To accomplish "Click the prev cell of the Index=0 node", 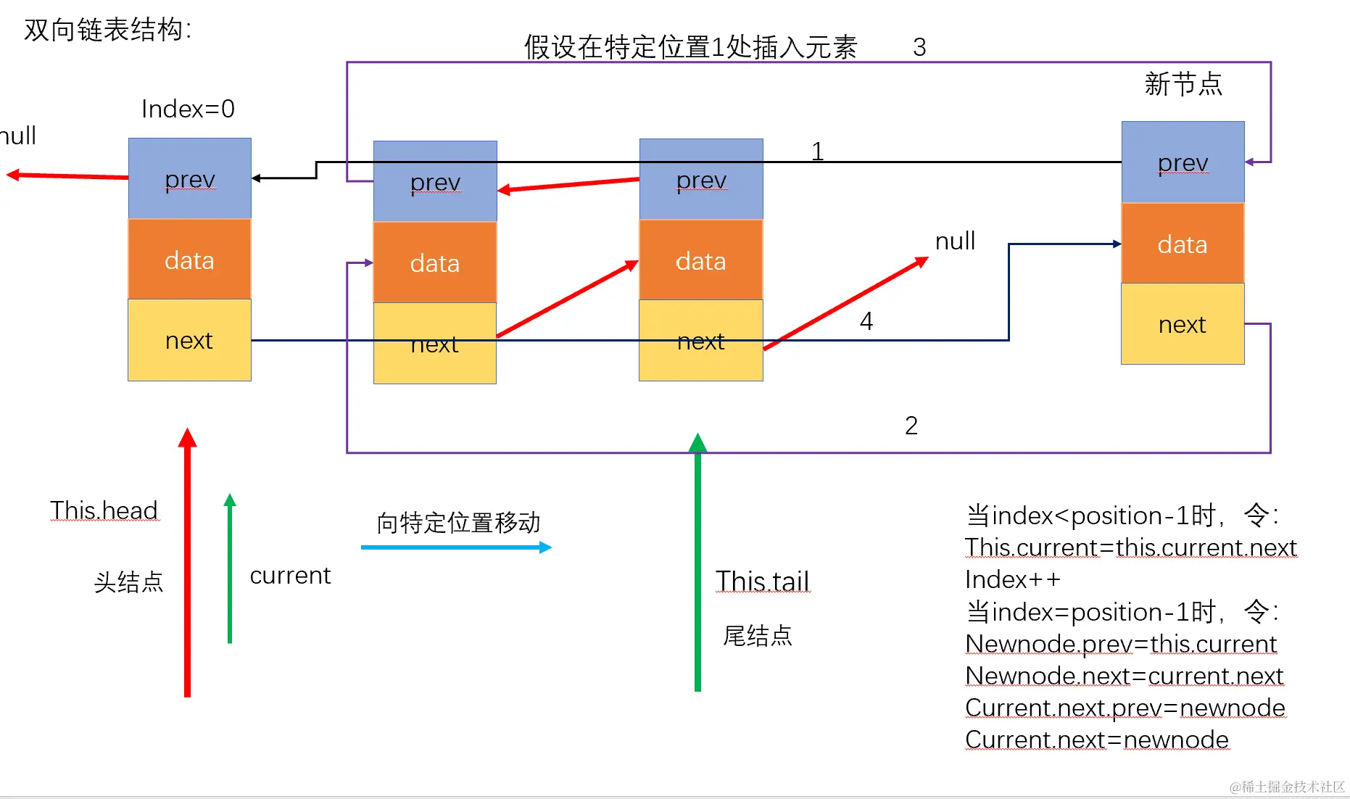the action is tap(190, 178).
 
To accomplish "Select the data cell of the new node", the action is tap(1183, 243).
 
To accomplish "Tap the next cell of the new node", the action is tap(1183, 323).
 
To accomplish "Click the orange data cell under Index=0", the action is tap(190, 259).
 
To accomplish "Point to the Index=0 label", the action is tap(188, 109).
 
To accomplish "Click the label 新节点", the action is tap(1183, 84).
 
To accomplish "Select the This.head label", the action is tap(104, 510).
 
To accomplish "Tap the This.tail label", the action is tap(762, 581).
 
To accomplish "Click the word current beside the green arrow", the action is tap(290, 575).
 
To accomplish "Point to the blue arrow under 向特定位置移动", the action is tap(457, 547).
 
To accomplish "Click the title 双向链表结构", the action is tap(107, 30).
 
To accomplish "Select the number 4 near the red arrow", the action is tap(866, 320).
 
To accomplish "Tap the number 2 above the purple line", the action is tap(911, 425).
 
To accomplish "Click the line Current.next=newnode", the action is tap(1097, 740).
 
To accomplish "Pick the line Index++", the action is tap(1013, 579).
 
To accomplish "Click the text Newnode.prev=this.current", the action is tap(1121, 644).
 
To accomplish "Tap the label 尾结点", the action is tap(758, 636).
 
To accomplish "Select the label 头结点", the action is tap(129, 581).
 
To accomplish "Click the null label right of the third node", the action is tap(955, 241).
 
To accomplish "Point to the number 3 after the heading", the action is tap(919, 47).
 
